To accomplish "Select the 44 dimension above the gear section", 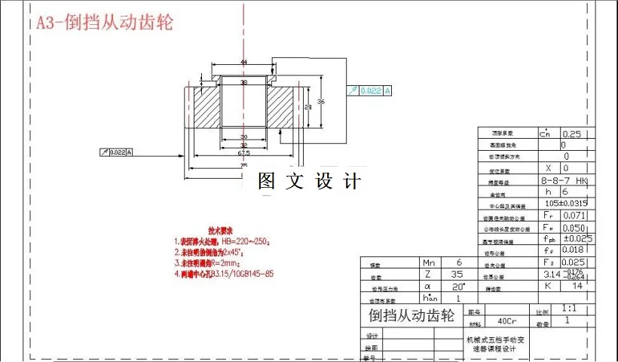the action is point(243,62).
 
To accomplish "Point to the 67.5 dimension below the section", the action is point(243,152).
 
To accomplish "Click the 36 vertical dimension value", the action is point(320,100).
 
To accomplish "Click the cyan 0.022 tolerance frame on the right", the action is point(370,91).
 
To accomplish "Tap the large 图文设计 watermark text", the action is point(310,181).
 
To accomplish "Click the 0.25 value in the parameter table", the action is point(573,133).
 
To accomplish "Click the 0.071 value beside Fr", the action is point(574,216).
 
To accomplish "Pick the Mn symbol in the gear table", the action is point(426,263).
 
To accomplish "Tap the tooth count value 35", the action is point(457,275).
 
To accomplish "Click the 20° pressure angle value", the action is point(457,287).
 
